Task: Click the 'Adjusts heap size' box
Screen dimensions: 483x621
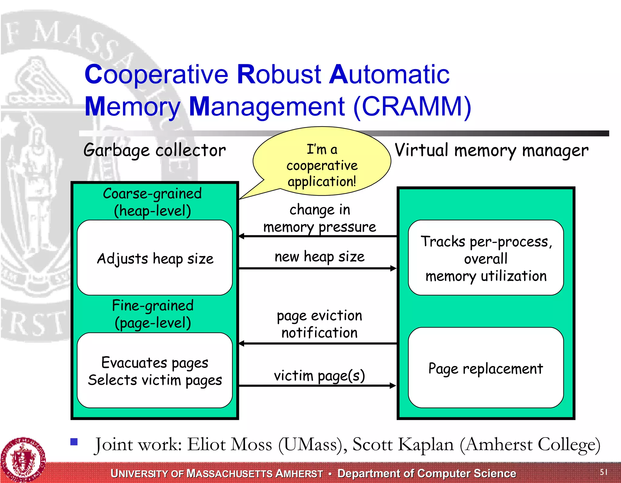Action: coord(155,258)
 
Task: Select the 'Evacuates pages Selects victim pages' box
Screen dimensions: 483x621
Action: coord(155,371)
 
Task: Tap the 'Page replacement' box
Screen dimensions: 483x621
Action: coord(485,368)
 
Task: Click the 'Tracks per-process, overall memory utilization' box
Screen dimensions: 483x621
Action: coord(485,258)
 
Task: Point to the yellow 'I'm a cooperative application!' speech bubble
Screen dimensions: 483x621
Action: coord(322,164)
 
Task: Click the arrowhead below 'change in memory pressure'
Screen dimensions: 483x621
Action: coord(242,236)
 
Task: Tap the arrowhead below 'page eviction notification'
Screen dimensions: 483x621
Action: coord(242,344)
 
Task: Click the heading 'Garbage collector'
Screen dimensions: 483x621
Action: coord(154,150)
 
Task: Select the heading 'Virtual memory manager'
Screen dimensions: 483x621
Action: coord(491,150)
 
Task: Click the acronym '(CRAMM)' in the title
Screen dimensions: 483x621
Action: coord(412,106)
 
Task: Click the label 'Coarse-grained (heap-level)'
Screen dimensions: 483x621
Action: coord(152,202)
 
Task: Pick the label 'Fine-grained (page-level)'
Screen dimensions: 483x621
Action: coord(153,314)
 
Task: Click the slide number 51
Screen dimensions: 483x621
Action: coord(603,472)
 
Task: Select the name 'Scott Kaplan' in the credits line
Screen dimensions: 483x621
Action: coord(403,445)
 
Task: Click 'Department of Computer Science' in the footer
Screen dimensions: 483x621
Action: coord(427,473)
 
